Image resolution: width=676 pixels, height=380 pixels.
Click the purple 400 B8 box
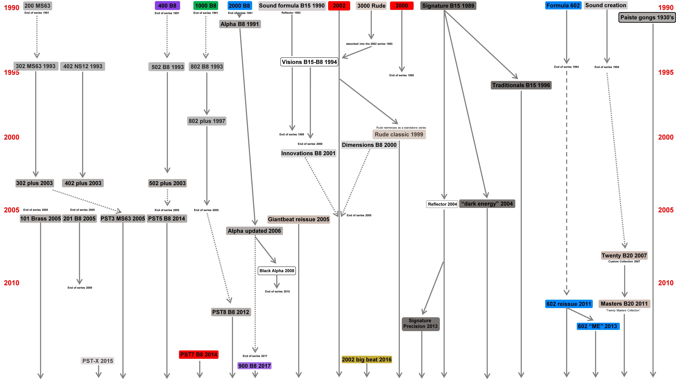(167, 5)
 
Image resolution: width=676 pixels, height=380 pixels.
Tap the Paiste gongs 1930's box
(647, 18)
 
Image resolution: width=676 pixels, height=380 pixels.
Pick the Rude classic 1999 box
(399, 135)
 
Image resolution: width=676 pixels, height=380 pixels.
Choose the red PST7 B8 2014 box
(199, 355)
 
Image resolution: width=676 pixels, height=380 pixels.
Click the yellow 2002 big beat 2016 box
(367, 360)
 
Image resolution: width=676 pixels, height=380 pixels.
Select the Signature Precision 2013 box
(420, 324)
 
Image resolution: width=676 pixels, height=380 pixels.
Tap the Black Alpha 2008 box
(277, 271)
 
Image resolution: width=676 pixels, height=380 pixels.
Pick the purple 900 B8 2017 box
(254, 366)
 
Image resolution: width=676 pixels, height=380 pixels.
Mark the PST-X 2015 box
(98, 361)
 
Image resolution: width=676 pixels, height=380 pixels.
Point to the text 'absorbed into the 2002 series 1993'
(369, 44)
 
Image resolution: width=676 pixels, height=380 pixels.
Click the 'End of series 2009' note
(80, 288)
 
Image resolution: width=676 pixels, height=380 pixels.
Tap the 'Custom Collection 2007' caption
(624, 261)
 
